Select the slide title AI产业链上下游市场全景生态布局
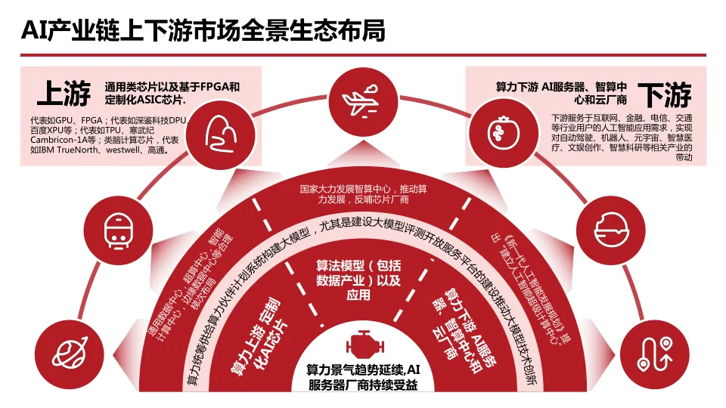click(x=203, y=31)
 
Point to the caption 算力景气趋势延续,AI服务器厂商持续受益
click(x=361, y=377)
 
